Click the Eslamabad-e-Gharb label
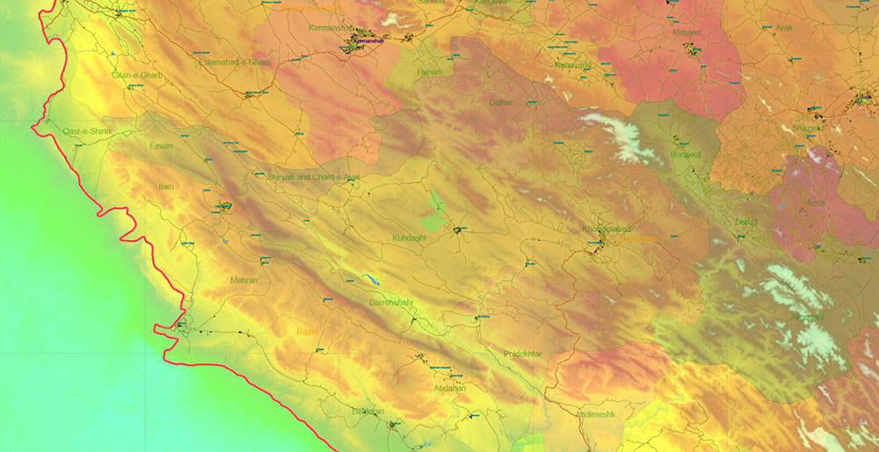[235, 62]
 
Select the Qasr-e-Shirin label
[89, 132]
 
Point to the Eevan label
[161, 145]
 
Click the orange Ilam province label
[307, 331]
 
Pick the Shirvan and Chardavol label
[313, 177]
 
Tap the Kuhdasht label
[409, 238]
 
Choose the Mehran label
[243, 281]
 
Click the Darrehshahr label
[391, 303]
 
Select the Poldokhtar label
[523, 354]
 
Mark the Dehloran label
[367, 411]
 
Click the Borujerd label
[684, 154]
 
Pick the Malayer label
[686, 33]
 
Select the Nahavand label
[573, 65]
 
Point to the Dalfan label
[500, 102]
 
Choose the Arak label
[784, 28]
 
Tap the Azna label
[815, 202]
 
